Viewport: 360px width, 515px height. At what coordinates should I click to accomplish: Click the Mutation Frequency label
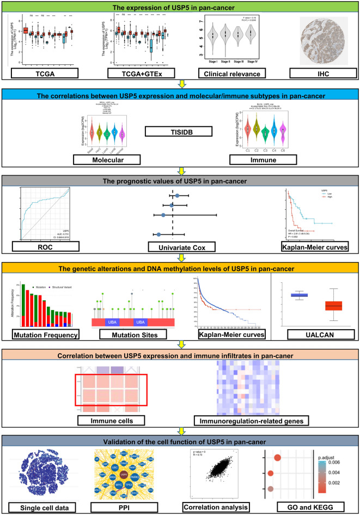pyautogui.click(x=46, y=332)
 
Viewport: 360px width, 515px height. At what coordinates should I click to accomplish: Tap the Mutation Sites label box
pyautogui.click(x=133, y=332)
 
